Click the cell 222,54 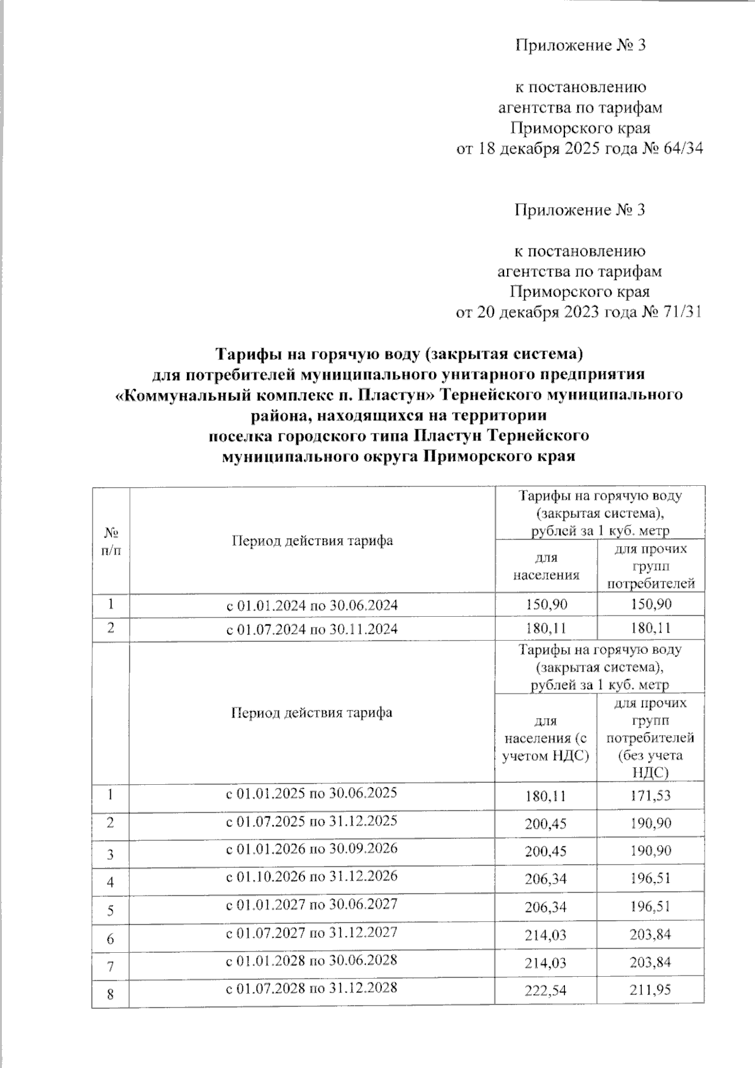click(x=545, y=991)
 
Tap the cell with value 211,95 click(x=650, y=990)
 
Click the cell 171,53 click(x=650, y=796)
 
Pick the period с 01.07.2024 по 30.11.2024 click(x=311, y=628)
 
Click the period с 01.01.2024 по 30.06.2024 click(x=311, y=605)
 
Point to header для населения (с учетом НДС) click(x=545, y=738)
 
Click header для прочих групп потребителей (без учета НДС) click(x=650, y=738)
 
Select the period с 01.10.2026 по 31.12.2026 click(x=311, y=876)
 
